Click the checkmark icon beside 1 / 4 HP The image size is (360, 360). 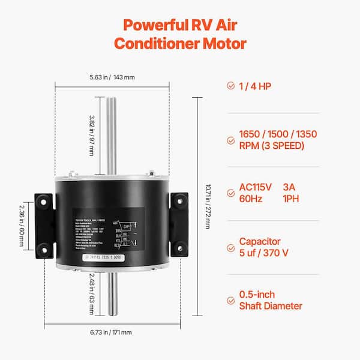tap(231, 86)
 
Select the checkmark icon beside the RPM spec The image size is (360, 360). tap(231, 140)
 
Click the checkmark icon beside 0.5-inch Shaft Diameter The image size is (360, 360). tap(231, 300)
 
